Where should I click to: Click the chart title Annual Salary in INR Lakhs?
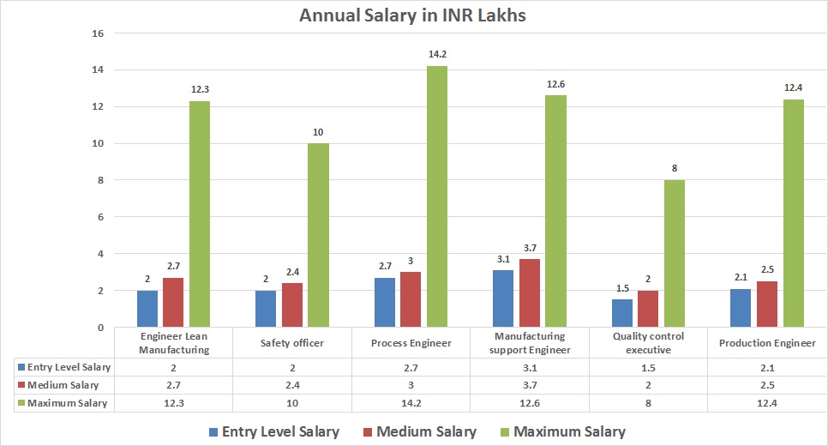413,15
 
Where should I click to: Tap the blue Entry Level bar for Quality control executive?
622,313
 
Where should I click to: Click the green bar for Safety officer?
318,235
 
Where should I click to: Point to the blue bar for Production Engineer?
740,308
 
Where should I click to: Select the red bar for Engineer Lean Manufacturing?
173,303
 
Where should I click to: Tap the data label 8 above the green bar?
675,168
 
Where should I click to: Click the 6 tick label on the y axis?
99,217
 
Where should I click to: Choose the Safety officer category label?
292,342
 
